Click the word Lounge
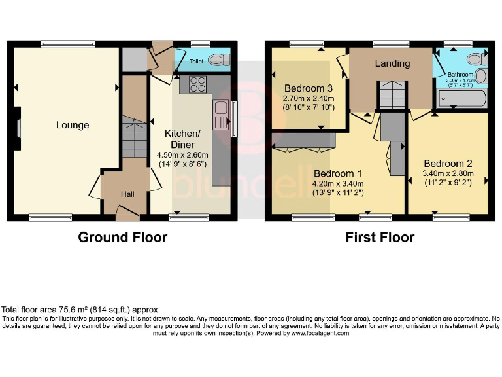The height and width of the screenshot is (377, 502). tap(72, 125)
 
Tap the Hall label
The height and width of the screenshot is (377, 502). tap(128, 194)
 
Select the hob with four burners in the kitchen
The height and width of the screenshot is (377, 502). tap(198, 84)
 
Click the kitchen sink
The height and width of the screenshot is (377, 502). tap(219, 115)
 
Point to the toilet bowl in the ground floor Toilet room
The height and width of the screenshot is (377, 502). tap(218, 60)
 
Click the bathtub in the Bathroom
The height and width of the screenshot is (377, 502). tap(462, 99)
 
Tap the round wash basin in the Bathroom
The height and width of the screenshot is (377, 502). tap(480, 76)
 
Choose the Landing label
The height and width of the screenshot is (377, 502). tap(392, 63)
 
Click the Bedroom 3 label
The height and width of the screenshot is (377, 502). tap(309, 88)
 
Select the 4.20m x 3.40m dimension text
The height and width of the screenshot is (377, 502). tap(338, 183)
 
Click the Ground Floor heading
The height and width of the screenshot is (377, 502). tap(122, 237)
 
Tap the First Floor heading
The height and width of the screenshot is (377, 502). tap(380, 237)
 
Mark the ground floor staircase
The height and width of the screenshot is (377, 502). tap(133, 137)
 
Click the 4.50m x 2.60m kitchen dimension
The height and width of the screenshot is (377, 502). tap(179, 155)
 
